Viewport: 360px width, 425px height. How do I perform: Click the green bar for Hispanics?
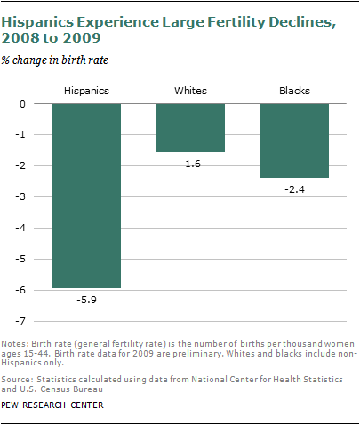(85, 196)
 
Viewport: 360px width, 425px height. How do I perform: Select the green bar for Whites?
(189, 128)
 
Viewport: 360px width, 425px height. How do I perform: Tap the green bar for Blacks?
(294, 140)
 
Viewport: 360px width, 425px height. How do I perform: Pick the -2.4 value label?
(294, 189)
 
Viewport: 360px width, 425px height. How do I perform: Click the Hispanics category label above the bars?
(85, 92)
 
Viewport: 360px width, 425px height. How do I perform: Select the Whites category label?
(189, 92)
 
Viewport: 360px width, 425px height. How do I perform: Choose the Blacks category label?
(294, 92)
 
